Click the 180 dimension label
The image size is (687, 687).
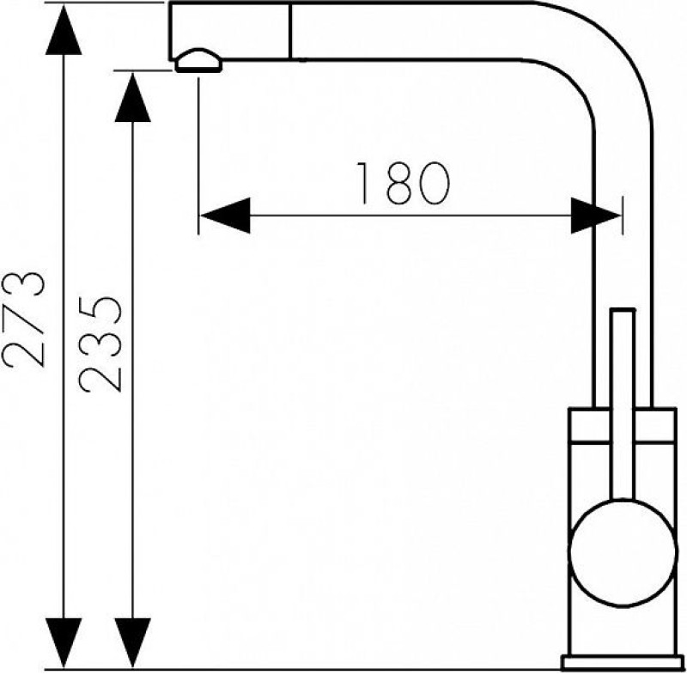(403, 183)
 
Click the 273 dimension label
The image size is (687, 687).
(23, 319)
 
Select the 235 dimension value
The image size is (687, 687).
(100, 344)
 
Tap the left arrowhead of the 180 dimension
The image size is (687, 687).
(225, 216)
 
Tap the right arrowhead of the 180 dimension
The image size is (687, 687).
(596, 216)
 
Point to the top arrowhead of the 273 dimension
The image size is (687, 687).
(64, 30)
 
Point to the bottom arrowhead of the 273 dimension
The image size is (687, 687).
(64, 642)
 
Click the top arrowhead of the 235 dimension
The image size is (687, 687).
(133, 97)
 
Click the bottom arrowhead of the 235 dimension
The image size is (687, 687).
(133, 642)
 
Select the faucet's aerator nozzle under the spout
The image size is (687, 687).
(198, 60)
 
